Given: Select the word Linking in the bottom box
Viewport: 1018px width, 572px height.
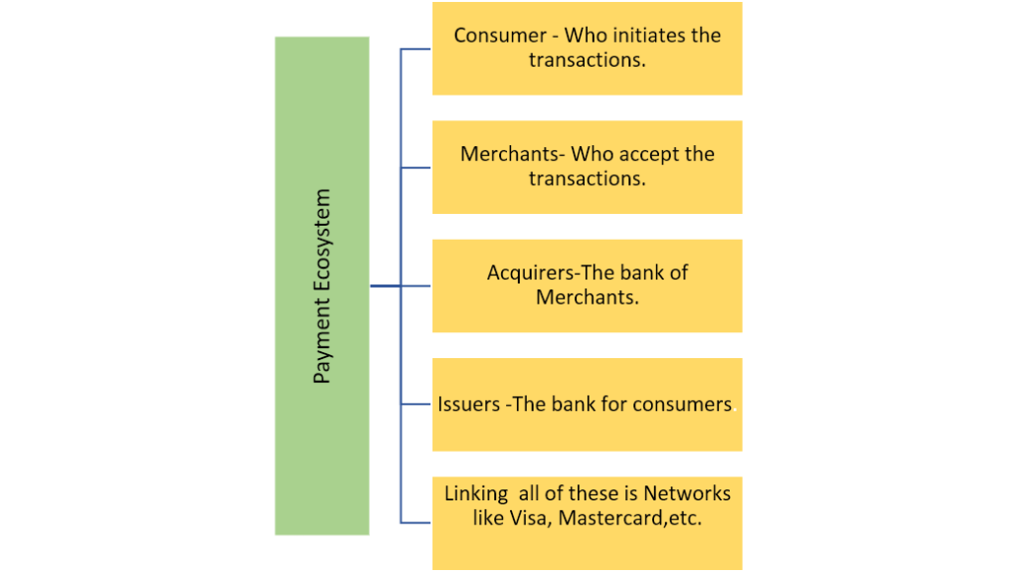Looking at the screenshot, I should [476, 493].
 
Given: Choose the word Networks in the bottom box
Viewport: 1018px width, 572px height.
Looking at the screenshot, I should [687, 493].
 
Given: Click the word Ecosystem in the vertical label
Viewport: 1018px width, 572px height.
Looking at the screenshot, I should [322, 240].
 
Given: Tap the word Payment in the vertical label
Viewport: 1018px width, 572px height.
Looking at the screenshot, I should [322, 339].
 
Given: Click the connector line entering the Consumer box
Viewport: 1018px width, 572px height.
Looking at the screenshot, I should [416, 49].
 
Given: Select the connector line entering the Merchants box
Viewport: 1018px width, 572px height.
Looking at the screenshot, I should [416, 167].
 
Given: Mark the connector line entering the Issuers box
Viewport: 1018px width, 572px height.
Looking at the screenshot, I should [416, 404].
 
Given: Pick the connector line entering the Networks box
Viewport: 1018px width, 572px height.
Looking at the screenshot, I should [416, 522].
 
